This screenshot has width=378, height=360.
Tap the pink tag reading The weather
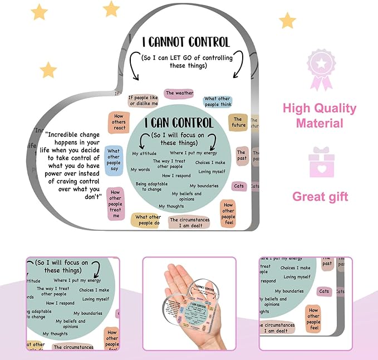point(179,93)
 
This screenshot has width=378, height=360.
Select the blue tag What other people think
point(218,102)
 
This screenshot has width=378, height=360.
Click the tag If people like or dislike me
point(144,100)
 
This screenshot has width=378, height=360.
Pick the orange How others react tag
point(119,121)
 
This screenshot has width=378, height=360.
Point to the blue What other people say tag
point(114,160)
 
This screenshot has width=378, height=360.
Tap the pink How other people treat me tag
point(116,204)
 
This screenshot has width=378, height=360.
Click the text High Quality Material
point(319,115)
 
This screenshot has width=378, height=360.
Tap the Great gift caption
point(320,196)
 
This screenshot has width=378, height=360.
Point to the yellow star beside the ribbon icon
point(287,21)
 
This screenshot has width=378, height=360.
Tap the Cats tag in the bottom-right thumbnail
point(324,291)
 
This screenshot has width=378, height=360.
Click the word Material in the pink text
point(319,123)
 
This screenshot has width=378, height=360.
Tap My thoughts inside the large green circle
point(171,206)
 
